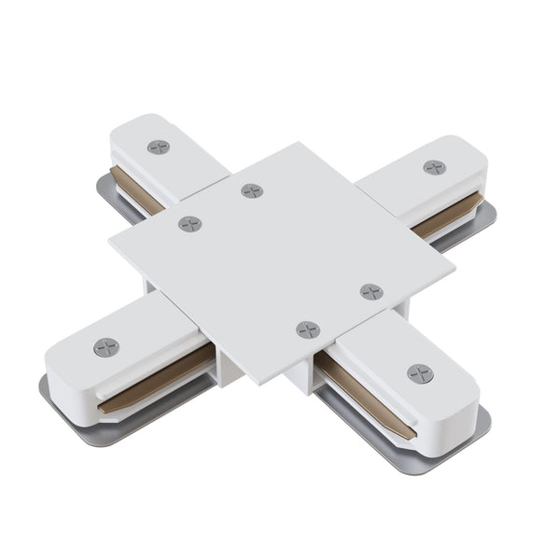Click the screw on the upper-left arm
pos(159,147)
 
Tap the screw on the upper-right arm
pos(434,167)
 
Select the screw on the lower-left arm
pos(106,347)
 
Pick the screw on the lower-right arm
pos(420,373)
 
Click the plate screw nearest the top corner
pos(252,190)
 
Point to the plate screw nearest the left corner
pos(189,224)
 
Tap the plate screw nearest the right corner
pos(371,291)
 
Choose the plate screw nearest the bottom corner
pos(308,329)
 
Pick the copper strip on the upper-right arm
pos(446,217)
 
